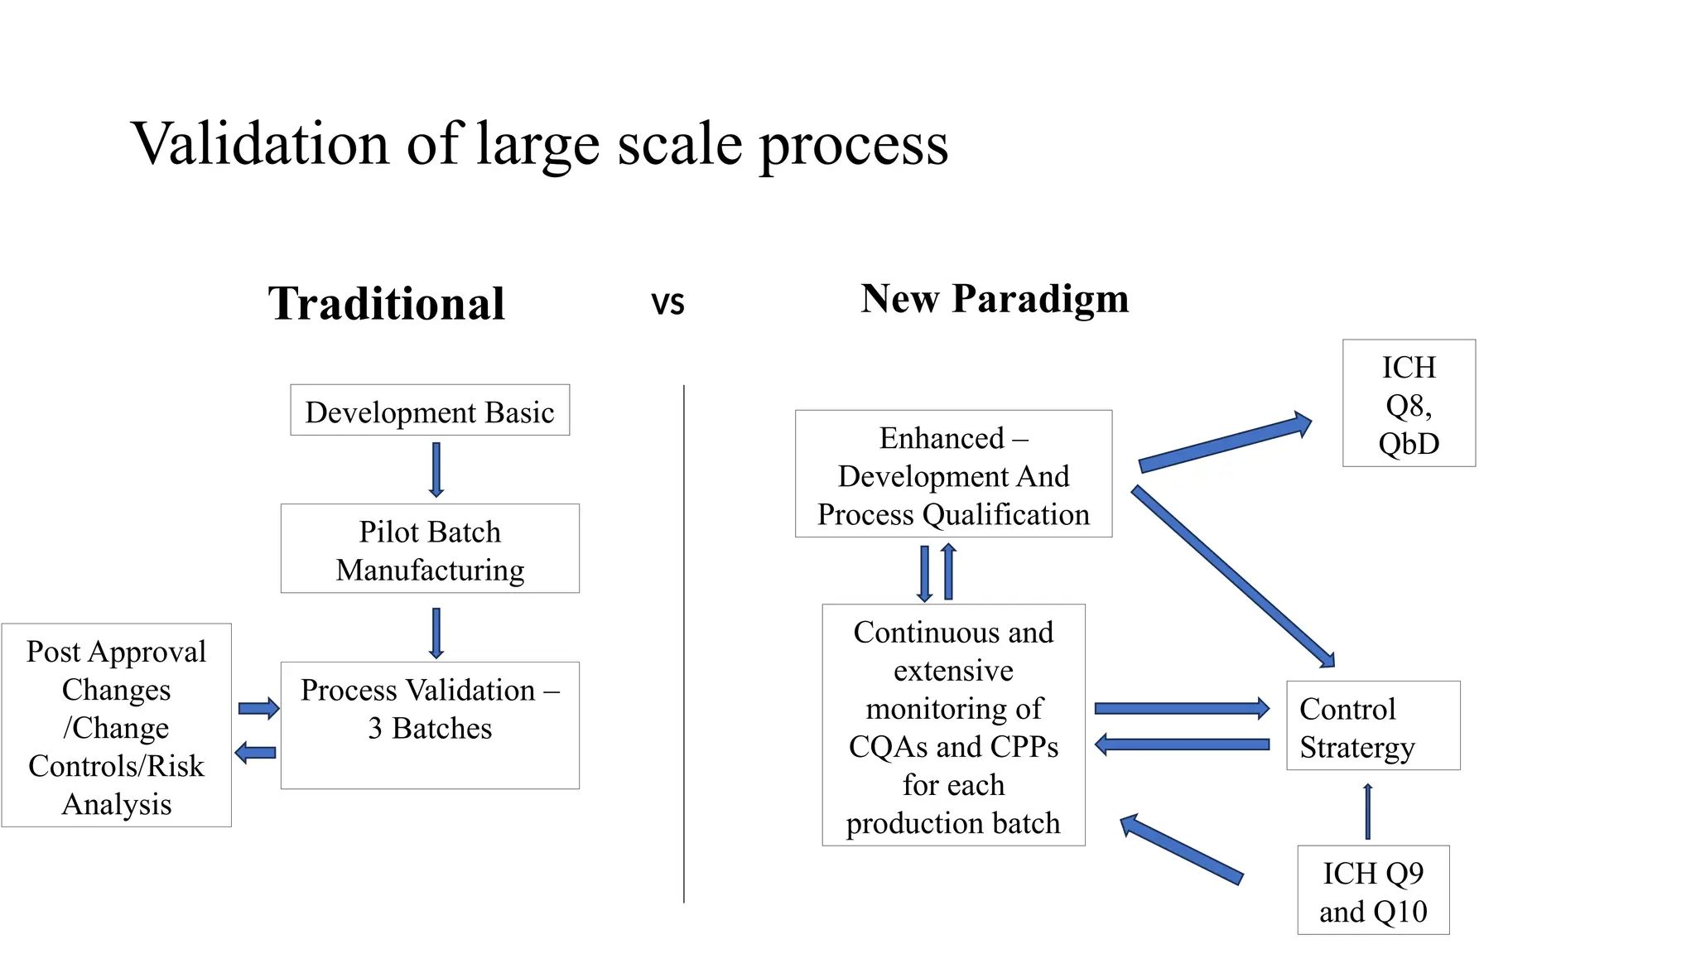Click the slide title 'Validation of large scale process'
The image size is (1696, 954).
539,144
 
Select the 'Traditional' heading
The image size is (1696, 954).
386,303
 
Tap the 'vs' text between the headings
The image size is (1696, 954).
667,303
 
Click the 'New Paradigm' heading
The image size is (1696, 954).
995,298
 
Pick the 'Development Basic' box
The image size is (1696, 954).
430,410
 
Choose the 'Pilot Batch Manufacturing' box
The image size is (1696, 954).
430,548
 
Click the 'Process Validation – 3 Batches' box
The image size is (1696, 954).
430,725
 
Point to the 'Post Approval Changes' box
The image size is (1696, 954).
117,725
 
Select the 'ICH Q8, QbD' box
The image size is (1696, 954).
1409,403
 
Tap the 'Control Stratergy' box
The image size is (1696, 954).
1373,725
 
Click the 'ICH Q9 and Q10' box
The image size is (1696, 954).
1373,890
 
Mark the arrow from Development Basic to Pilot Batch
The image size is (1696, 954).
436,470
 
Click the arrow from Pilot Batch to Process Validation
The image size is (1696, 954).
436,634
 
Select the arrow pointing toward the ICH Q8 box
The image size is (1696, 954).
1225,443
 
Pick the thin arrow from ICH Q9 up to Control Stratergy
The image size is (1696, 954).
1368,812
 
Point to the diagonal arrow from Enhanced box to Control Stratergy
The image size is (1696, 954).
1233,576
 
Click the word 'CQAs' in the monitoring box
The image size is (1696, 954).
887,747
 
